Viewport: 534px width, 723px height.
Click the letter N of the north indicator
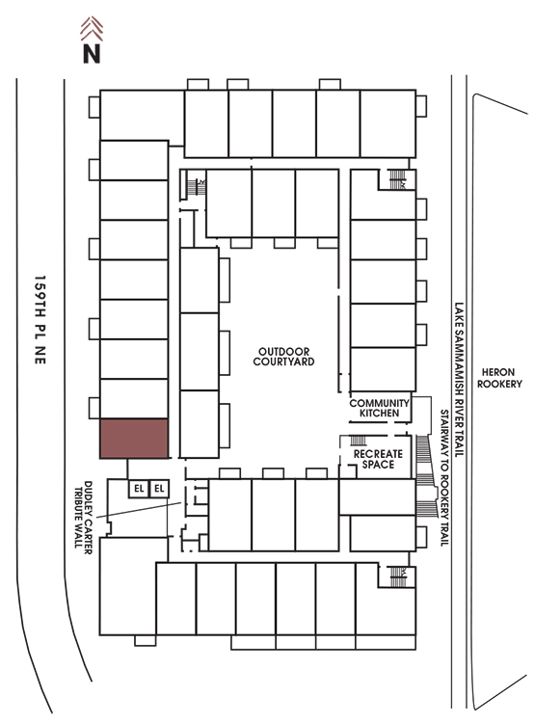click(92, 53)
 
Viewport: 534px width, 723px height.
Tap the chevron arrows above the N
click(92, 29)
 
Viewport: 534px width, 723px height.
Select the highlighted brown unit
click(134, 439)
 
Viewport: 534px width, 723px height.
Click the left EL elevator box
click(139, 489)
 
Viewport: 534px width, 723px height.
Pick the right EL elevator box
click(159, 489)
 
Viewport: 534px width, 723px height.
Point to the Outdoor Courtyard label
click(283, 357)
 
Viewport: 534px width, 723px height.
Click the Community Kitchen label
click(379, 408)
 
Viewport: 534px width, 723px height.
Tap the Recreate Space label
click(378, 459)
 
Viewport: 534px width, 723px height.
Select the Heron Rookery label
click(499, 378)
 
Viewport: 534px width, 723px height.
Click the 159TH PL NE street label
click(40, 320)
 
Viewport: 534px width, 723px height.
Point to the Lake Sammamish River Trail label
click(459, 380)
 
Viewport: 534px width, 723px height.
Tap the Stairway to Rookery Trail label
click(444, 478)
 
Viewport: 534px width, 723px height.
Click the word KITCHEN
click(379, 414)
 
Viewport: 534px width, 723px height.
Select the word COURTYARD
click(283, 361)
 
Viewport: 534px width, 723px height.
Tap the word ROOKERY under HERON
click(499, 384)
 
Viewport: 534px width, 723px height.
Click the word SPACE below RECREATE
click(378, 465)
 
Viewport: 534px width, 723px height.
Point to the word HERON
click(498, 372)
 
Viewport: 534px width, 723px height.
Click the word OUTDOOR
click(283, 352)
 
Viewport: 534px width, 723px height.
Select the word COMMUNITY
click(379, 403)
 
